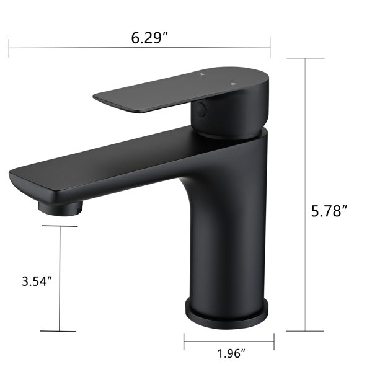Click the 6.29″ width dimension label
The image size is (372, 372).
pyautogui.click(x=149, y=38)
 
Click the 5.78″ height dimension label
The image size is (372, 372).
pyautogui.click(x=329, y=211)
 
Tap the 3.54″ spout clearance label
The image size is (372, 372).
pyautogui.click(x=37, y=281)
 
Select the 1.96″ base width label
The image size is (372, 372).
pyautogui.click(x=231, y=354)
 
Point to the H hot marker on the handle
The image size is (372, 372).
pyautogui.click(x=202, y=74)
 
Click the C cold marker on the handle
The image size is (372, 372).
pyautogui.click(x=234, y=84)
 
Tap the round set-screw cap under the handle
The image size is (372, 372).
pyautogui.click(x=201, y=109)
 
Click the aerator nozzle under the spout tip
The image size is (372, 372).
pyautogui.click(x=60, y=208)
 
